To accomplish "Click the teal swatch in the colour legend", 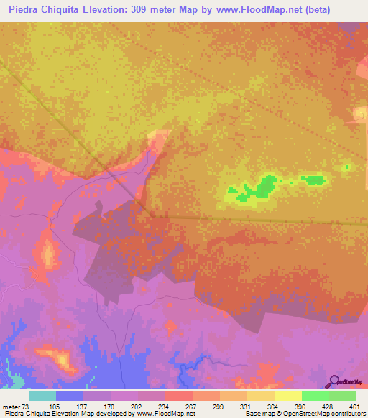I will click(42, 396).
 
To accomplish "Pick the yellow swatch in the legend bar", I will click(288, 396).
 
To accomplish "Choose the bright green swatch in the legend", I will click(316, 396).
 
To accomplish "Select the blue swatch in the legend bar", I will click(70, 396).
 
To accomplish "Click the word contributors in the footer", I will click(347, 413).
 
